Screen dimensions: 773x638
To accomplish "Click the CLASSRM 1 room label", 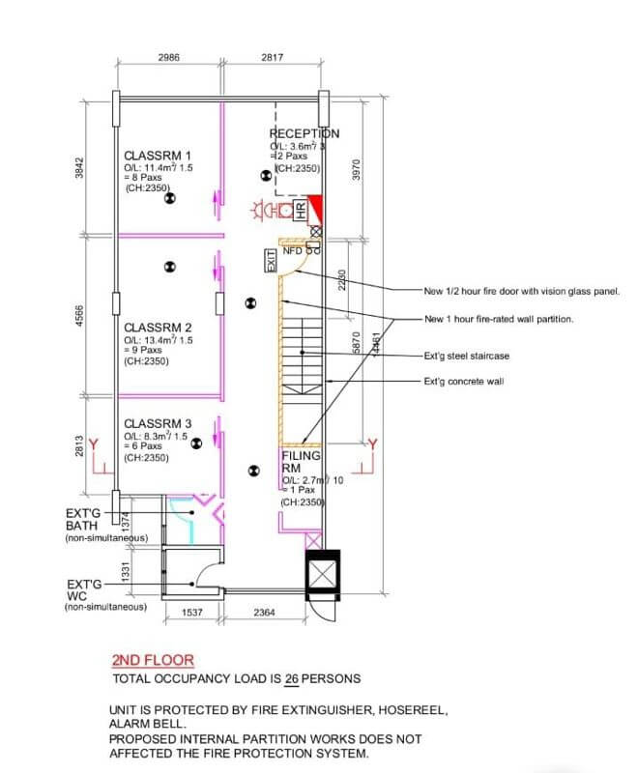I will pos(158,155).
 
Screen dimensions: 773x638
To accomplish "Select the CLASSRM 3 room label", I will pos(158,423).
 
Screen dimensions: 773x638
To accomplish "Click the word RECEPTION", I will pos(304,134).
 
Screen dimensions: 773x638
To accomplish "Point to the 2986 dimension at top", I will pos(169,58).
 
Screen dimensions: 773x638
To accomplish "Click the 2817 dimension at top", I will pos(272,58).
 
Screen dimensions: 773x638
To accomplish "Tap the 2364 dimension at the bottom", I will pos(267,613).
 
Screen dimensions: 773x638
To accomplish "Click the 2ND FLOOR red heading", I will pos(153,661).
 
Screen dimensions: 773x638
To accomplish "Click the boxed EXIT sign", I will pos(273,260).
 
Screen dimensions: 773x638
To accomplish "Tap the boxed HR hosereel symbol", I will pos(300,209).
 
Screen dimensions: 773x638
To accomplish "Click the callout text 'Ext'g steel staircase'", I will pos(466,356).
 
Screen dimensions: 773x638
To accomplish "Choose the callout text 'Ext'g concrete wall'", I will pos(464,382).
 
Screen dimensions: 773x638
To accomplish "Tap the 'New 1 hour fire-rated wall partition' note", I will pos(499,319).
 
